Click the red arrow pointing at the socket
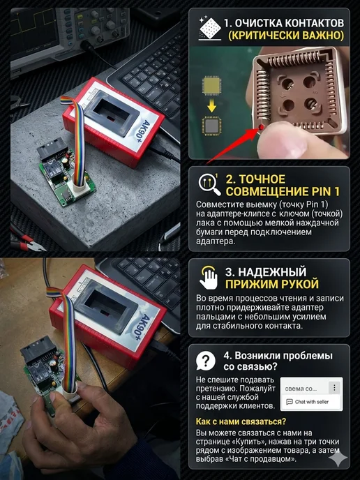pos(233,144)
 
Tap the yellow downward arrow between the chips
pos(211,107)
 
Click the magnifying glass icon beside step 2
pos(209,185)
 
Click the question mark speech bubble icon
pos(205,361)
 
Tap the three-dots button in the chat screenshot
pos(334,387)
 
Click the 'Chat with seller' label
pos(311,402)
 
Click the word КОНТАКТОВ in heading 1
pos(314,23)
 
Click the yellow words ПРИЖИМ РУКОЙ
pos(272,284)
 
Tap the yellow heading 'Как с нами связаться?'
pos(241,421)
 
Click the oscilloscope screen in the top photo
pos(34,33)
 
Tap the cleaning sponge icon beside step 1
pos(210,29)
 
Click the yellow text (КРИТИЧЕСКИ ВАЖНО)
pos(286,35)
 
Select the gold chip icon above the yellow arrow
pos(211,85)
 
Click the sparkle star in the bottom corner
pos(338,458)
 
